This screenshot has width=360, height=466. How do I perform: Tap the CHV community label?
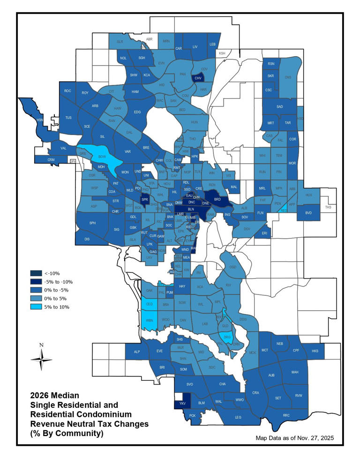198,78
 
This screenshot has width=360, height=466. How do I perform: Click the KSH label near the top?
222,53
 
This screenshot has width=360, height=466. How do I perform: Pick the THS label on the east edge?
328,207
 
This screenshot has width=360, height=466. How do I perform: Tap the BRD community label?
217,199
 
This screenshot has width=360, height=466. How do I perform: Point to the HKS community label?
315,351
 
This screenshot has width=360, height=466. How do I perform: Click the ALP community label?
137,352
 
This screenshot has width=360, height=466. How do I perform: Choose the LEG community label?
238,417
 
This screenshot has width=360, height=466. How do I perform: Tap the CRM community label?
51,160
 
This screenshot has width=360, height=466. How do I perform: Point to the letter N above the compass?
42,345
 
